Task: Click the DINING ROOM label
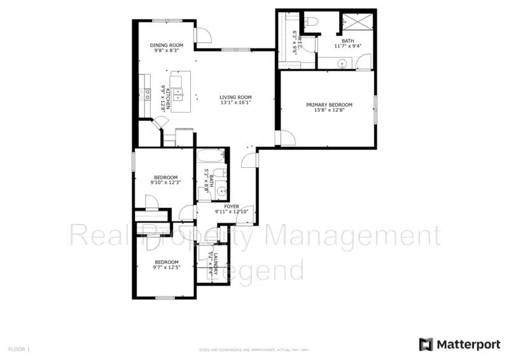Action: [167, 45]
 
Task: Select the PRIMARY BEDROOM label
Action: [329, 105]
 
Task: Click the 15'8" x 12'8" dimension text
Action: [329, 111]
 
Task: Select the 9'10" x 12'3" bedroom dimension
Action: [165, 183]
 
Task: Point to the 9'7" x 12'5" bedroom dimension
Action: [166, 268]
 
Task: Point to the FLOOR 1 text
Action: [18, 349]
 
